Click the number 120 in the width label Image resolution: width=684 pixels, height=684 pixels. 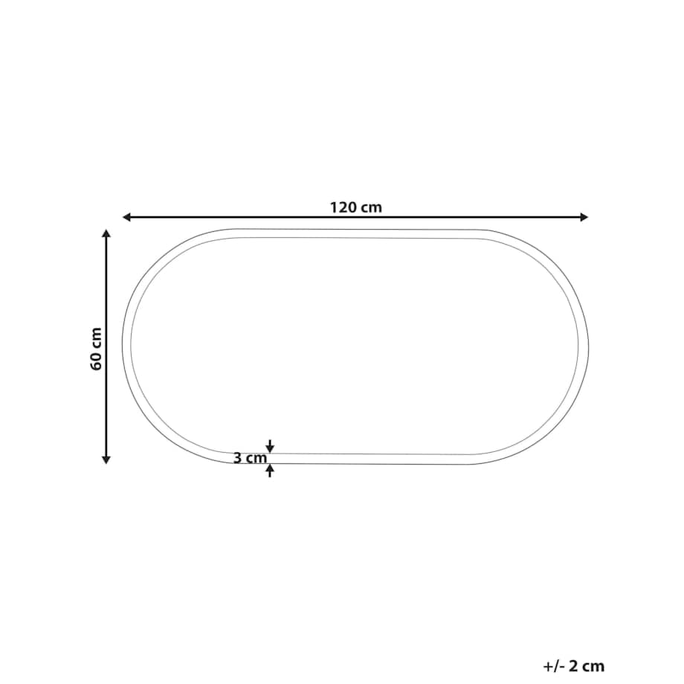(x=344, y=207)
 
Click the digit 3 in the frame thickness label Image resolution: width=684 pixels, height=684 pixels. (x=237, y=459)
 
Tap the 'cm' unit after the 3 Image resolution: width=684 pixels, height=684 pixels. (x=255, y=459)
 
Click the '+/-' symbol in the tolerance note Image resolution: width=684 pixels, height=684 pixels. (x=554, y=666)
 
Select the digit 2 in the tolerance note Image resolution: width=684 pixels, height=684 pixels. (x=576, y=666)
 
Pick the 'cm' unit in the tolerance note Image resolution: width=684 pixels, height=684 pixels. (x=595, y=666)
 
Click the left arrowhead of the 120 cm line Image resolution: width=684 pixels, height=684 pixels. (x=126, y=217)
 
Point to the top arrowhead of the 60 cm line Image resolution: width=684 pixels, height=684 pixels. (x=106, y=233)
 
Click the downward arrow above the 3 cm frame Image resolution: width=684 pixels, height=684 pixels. (x=270, y=447)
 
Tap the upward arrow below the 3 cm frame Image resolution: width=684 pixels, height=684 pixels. (x=270, y=470)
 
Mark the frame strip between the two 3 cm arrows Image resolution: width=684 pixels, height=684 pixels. (x=270, y=458)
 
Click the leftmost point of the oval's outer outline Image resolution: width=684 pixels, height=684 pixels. (x=123, y=346)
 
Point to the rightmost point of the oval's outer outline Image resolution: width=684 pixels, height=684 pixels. (x=588, y=346)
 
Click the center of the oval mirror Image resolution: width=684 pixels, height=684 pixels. (x=355, y=346)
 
